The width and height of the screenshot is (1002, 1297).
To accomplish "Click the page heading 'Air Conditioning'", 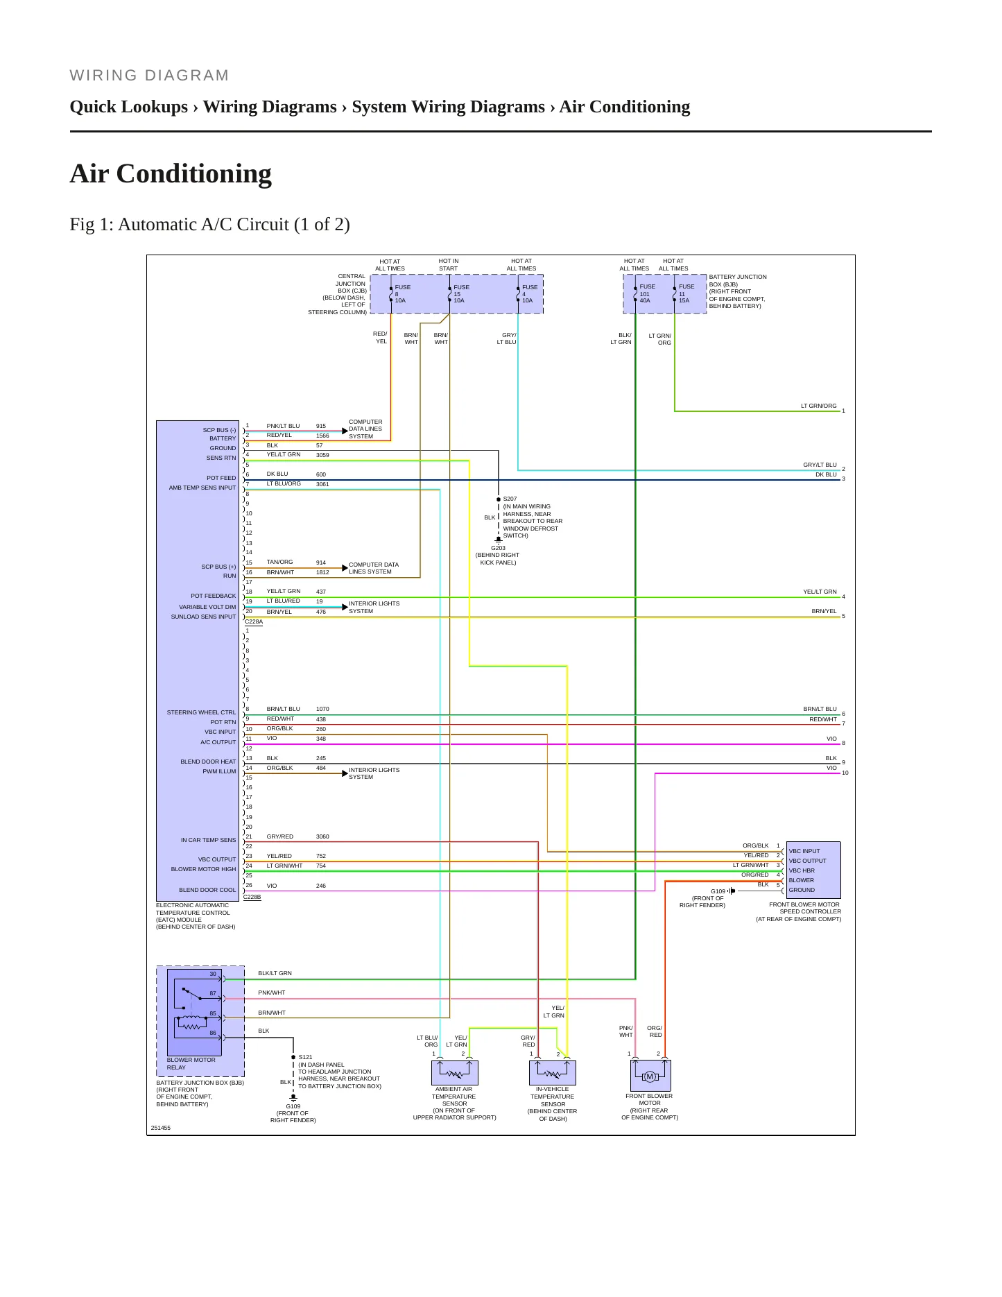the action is click(171, 174).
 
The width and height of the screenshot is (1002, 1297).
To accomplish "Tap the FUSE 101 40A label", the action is click(647, 293).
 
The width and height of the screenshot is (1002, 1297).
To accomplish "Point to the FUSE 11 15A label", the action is click(686, 293).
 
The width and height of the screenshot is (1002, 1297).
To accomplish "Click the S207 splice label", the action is click(510, 499).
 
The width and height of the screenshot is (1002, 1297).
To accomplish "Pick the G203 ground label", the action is click(498, 548).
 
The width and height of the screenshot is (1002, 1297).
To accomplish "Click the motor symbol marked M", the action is click(650, 1076).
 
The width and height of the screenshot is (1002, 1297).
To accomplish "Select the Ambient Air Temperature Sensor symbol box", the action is click(455, 1072).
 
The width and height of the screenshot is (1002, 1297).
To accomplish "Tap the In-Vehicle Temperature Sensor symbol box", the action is click(553, 1072).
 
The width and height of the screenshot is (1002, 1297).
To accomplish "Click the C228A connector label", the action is click(254, 622).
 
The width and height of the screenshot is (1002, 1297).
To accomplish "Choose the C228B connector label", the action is click(252, 897).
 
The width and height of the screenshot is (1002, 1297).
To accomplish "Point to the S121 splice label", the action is click(305, 1057).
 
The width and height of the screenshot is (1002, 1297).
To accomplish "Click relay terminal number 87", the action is click(213, 993).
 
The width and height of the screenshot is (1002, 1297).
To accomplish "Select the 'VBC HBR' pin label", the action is click(802, 870).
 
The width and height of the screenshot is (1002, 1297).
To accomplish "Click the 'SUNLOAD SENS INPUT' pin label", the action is click(203, 617).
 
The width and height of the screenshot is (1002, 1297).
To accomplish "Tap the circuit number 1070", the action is click(322, 709).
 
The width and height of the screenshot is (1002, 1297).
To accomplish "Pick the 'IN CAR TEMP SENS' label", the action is click(208, 840).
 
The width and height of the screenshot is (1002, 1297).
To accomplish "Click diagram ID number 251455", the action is click(160, 1128).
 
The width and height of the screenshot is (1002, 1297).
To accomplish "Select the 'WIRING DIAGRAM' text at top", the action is click(149, 76).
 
